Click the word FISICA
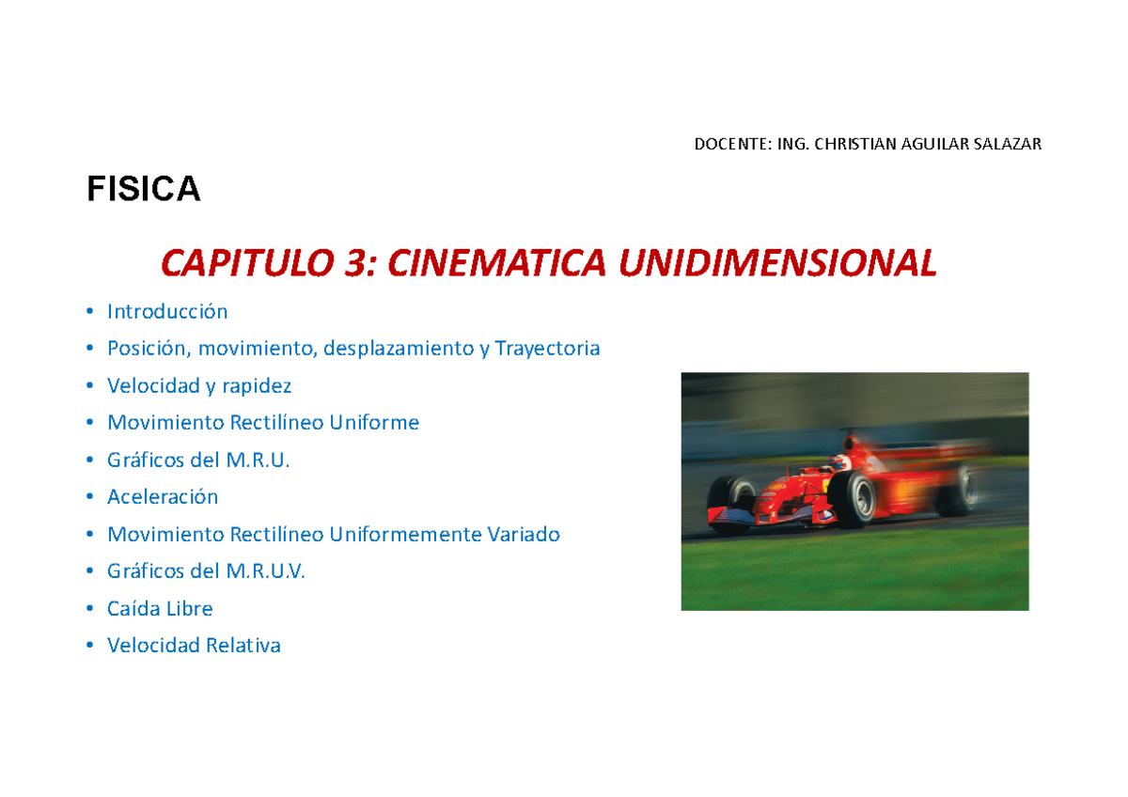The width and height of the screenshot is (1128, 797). [x=144, y=190]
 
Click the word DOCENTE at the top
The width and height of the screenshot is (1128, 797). [x=728, y=144]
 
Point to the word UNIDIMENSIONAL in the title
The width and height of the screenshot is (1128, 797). [x=776, y=264]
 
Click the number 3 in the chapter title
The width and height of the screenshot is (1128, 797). [x=357, y=264]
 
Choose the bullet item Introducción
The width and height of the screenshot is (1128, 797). [x=167, y=311]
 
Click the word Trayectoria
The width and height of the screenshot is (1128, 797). [x=547, y=349]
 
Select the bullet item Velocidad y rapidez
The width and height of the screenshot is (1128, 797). [x=199, y=385]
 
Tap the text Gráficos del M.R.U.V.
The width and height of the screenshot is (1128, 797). [x=207, y=571]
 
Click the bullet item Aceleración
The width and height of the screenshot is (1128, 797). [x=163, y=497]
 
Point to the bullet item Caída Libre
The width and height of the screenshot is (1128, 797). [x=160, y=608]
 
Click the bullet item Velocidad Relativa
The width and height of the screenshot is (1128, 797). [x=194, y=646]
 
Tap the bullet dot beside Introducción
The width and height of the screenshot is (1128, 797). [x=88, y=311]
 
